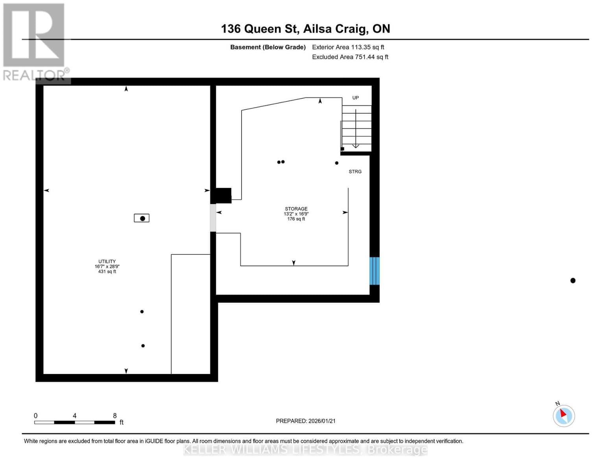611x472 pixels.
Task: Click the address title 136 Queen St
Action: click(305, 29)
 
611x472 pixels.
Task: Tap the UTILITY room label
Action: click(107, 261)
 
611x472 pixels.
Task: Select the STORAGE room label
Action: click(296, 209)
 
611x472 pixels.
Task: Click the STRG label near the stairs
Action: click(355, 171)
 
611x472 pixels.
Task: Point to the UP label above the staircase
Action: click(355, 98)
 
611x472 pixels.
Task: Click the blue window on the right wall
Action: click(374, 271)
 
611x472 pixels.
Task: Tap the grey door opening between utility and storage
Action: click(213, 218)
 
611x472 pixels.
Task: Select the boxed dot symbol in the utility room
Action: click(142, 218)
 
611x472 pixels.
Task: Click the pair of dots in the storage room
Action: click(281, 162)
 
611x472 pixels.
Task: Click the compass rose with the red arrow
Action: click(564, 416)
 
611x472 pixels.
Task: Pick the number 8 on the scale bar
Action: click(115, 416)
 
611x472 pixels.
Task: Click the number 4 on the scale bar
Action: click(74, 416)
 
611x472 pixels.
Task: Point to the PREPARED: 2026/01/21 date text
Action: click(306, 421)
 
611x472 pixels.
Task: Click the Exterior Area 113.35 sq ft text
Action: click(348, 47)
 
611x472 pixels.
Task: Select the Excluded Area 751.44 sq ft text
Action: click(350, 57)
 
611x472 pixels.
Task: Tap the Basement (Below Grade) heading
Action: click(268, 47)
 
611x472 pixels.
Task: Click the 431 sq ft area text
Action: click(107, 271)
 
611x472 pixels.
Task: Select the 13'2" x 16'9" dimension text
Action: click(296, 214)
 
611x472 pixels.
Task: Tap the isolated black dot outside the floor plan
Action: click(573, 280)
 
